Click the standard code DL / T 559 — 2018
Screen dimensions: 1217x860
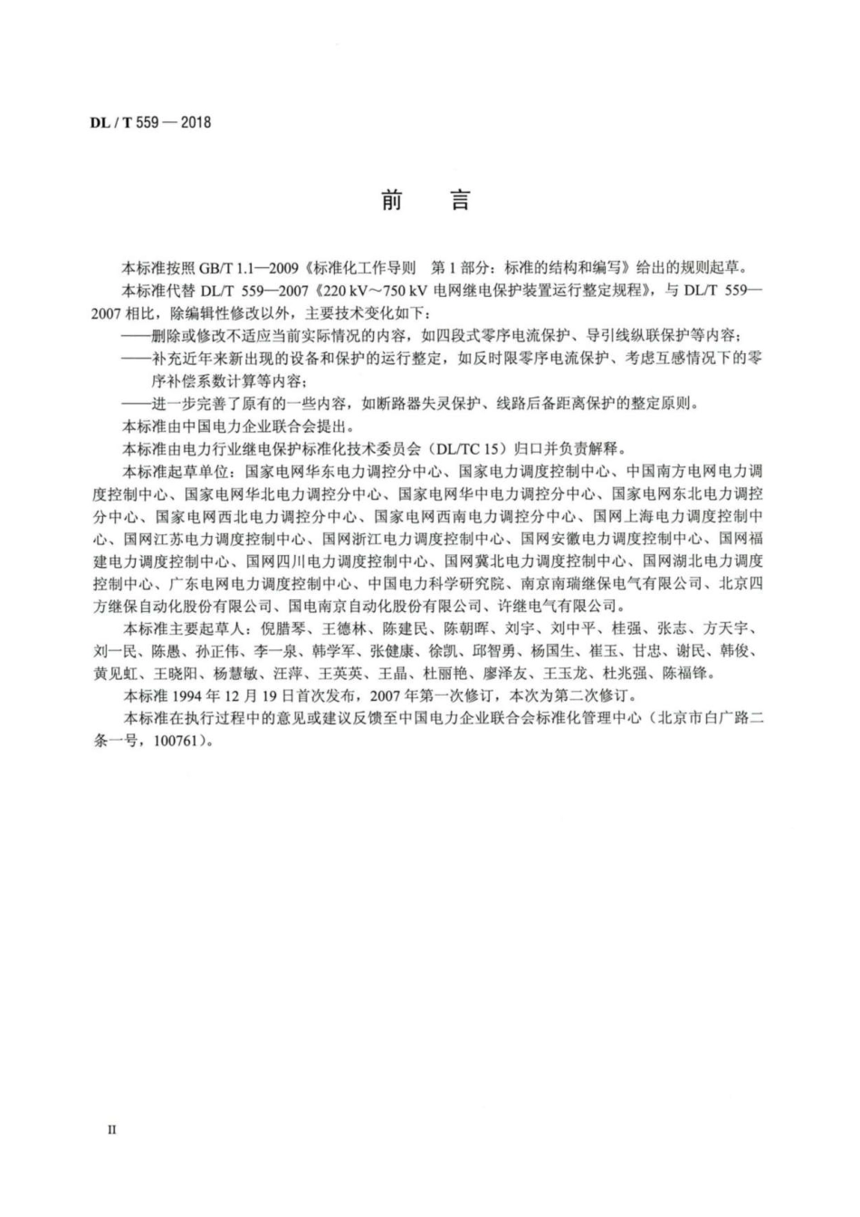(x=150, y=122)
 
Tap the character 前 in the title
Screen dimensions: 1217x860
(x=391, y=200)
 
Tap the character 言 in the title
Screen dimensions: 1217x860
(x=461, y=200)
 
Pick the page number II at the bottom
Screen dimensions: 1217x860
(x=112, y=1129)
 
